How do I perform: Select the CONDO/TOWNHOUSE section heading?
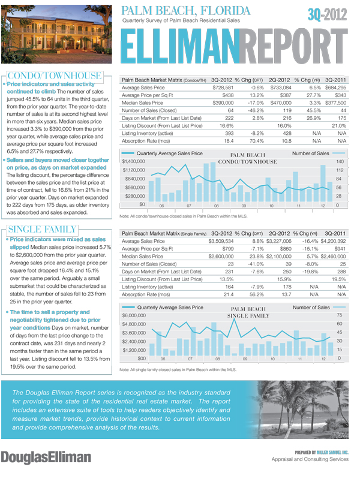pos(54,76)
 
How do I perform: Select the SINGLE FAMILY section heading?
pos(41,229)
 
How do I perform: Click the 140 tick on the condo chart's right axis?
pos(340,162)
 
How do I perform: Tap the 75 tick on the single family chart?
pos(340,315)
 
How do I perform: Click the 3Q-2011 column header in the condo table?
pos(335,80)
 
